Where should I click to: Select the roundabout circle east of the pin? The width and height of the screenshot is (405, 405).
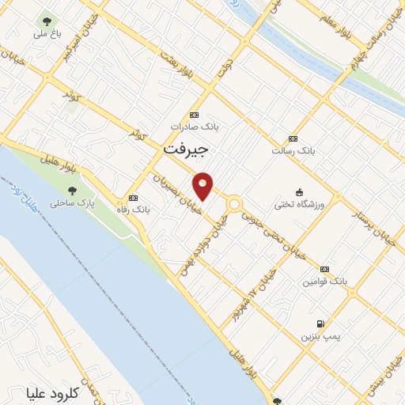[x=234, y=204]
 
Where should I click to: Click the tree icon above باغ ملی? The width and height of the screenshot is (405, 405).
[x=46, y=21]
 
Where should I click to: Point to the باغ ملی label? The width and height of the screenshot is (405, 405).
[x=46, y=35]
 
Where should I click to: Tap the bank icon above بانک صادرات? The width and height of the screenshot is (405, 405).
[x=195, y=114]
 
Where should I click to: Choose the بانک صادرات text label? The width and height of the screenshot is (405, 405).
[x=195, y=127]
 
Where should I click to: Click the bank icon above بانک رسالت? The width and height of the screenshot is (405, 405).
[x=293, y=138]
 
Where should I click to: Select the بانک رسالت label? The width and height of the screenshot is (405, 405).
[x=293, y=151]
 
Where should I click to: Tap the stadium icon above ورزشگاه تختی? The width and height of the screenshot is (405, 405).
[x=299, y=191]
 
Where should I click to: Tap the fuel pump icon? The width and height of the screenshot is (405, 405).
[x=320, y=324]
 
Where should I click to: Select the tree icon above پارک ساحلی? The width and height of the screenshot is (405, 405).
[x=73, y=191]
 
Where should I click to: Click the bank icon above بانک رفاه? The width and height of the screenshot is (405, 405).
[x=133, y=198]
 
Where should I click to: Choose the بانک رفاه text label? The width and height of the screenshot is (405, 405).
[x=133, y=210]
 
